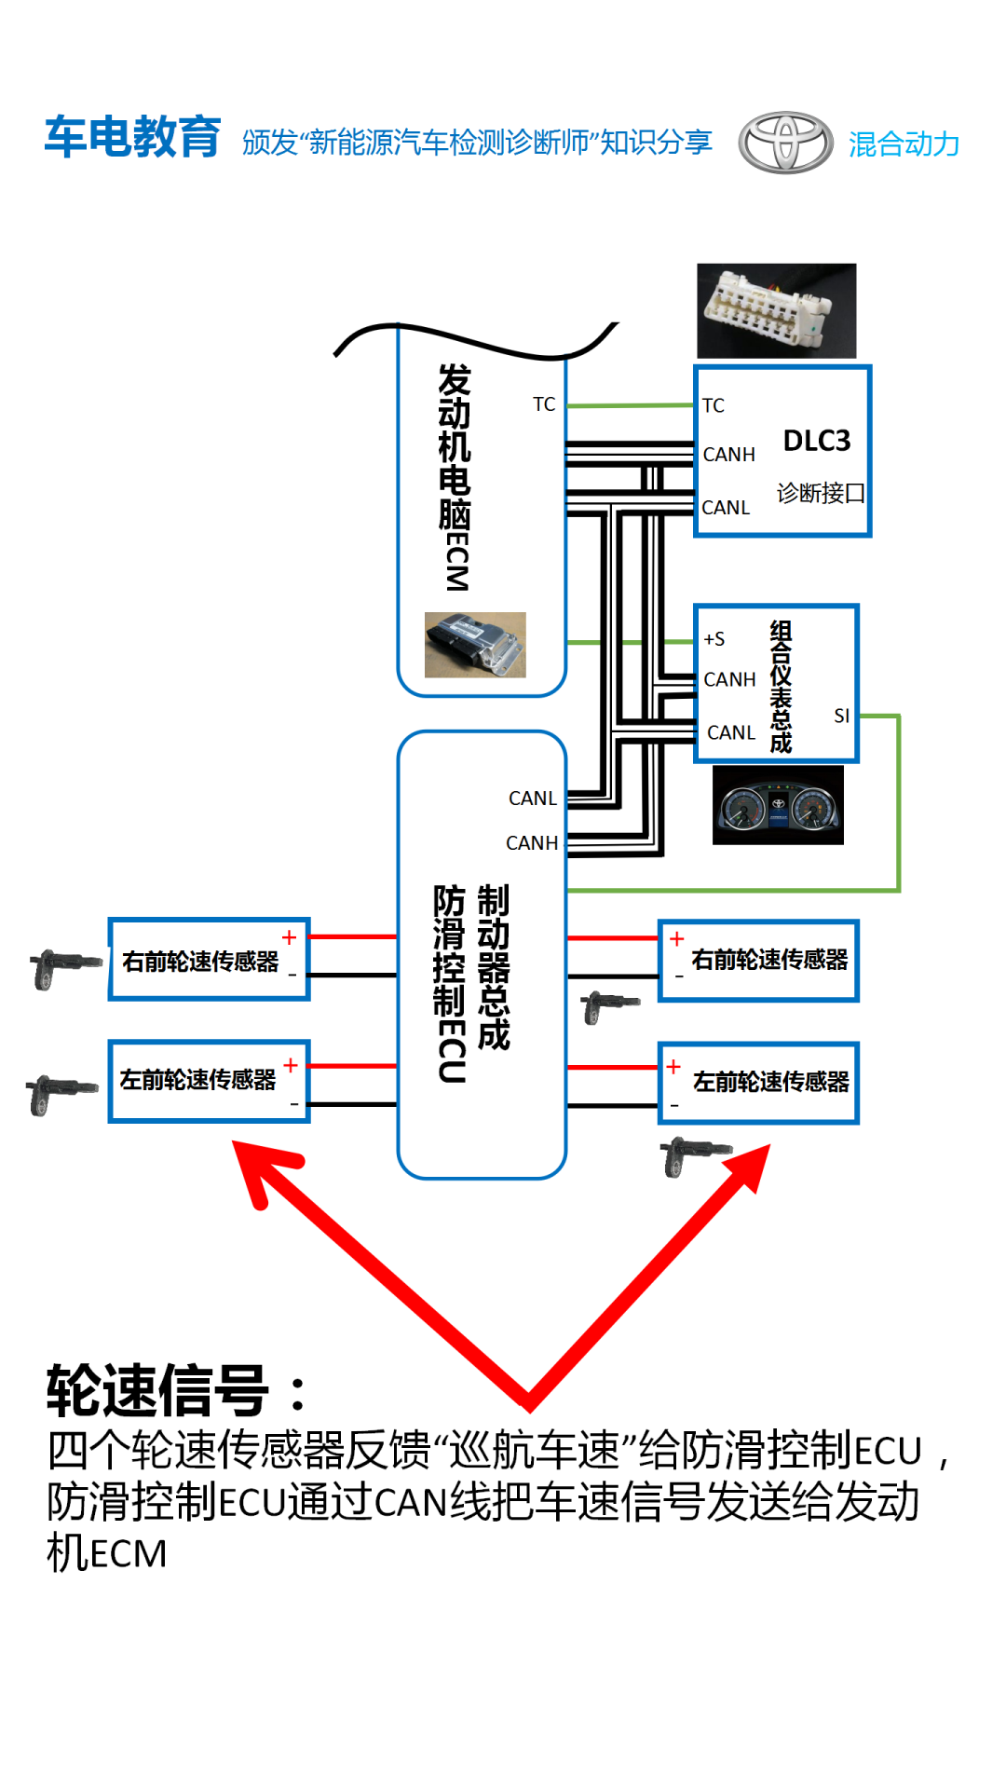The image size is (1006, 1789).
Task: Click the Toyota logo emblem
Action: pyautogui.click(x=785, y=143)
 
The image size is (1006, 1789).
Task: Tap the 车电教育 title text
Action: pyautogui.click(x=133, y=138)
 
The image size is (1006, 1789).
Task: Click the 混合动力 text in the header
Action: pyautogui.click(x=904, y=143)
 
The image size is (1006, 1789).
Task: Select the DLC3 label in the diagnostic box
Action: pyautogui.click(x=817, y=441)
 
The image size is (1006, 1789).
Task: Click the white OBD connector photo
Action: pyautogui.click(x=776, y=310)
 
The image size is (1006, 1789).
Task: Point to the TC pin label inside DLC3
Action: pyautogui.click(x=714, y=405)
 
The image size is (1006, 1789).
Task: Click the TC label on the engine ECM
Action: pyautogui.click(x=544, y=404)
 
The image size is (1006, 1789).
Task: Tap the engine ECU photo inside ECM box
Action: pyautogui.click(x=475, y=644)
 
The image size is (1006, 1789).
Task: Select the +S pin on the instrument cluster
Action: pyautogui.click(x=714, y=639)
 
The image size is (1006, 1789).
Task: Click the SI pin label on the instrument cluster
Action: pyautogui.click(x=841, y=716)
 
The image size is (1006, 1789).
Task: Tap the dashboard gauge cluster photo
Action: pyautogui.click(x=778, y=805)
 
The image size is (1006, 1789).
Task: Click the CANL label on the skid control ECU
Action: pyautogui.click(x=532, y=799)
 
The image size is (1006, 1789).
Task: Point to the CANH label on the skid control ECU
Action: pyautogui.click(x=531, y=843)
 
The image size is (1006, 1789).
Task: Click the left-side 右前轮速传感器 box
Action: pyautogui.click(x=209, y=961)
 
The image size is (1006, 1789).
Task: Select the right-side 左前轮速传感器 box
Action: pyautogui.click(x=758, y=1083)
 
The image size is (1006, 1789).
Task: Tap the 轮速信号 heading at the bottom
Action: pyautogui.click(x=158, y=1390)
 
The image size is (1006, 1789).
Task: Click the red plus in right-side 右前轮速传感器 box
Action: pyautogui.click(x=677, y=939)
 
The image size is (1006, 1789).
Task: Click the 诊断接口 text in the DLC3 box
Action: pyautogui.click(x=821, y=493)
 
